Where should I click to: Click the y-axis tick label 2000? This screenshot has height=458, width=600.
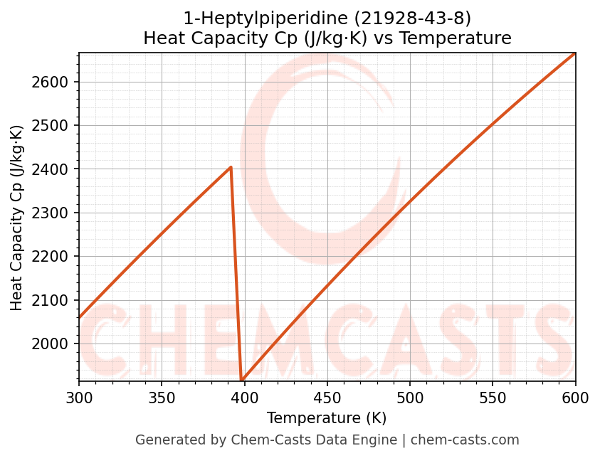(55, 344)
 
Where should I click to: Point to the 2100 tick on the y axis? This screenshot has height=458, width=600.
(55, 300)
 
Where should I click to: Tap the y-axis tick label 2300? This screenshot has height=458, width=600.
(55, 213)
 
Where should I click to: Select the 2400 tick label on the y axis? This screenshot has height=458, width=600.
(55, 169)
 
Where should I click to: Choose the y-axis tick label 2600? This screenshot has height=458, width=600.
(55, 82)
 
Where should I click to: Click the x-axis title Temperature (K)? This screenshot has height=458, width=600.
(327, 418)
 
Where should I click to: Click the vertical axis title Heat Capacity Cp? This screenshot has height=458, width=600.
(17, 217)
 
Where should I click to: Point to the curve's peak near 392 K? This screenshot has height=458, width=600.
(231, 168)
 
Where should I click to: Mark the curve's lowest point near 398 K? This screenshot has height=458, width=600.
(242, 380)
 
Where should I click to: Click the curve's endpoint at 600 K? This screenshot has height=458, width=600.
(575, 53)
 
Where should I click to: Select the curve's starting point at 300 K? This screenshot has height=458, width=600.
(79, 317)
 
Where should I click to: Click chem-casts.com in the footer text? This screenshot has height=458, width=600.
(465, 440)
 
